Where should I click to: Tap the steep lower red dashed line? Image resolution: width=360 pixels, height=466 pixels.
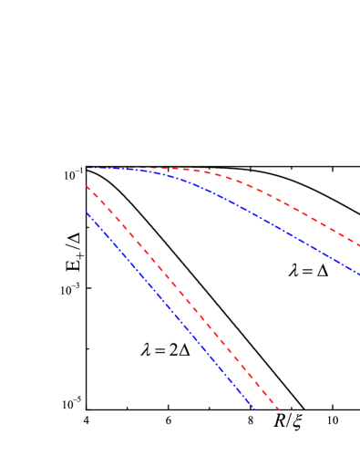click(182, 297)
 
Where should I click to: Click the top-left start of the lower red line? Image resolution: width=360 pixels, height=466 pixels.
click(87, 187)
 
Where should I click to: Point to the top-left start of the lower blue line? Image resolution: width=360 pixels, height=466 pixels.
click(87, 212)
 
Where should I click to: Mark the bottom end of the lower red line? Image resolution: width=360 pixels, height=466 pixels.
click(278, 409)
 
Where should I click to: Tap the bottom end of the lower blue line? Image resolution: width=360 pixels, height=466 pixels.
click(253, 409)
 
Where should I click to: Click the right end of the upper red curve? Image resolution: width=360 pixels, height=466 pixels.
click(358, 244)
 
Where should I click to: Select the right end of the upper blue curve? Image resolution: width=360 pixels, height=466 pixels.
click(358, 273)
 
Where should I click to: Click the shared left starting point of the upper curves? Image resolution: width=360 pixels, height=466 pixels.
click(88, 168)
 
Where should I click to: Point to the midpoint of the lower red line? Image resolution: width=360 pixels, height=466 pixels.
click(182, 297)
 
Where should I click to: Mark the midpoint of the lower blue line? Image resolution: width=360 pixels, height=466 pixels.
click(170, 310)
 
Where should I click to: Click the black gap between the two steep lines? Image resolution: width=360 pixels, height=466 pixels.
click(178, 305)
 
